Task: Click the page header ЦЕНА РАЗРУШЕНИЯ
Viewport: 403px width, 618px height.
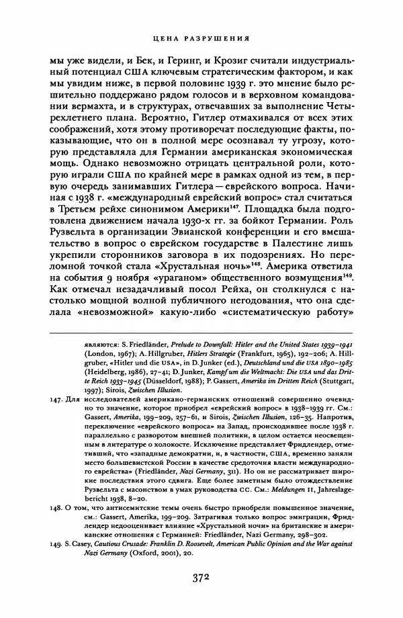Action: click(x=201, y=38)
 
